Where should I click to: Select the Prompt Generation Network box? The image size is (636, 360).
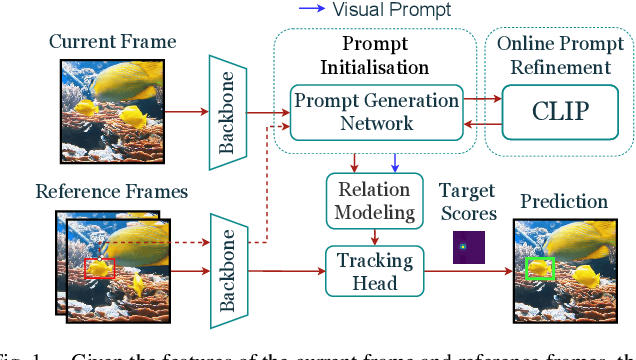[377, 111]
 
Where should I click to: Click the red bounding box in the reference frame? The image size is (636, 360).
[100, 268]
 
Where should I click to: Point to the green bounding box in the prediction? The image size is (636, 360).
[540, 268]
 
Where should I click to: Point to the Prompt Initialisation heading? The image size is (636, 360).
[375, 56]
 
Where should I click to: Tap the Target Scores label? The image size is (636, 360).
[467, 201]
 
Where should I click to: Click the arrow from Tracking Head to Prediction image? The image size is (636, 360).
[467, 269]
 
